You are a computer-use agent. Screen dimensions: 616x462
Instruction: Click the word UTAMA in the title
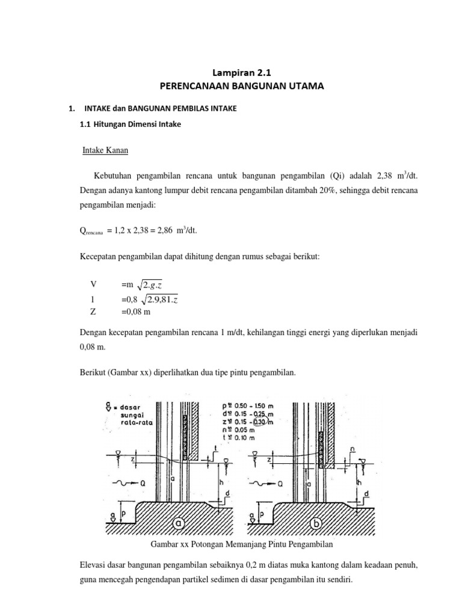pos(304,87)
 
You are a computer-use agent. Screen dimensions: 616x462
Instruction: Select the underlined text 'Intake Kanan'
pos(106,150)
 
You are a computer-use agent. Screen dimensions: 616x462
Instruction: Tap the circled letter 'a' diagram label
pos(178,524)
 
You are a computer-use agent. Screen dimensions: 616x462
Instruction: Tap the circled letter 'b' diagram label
pos(318,524)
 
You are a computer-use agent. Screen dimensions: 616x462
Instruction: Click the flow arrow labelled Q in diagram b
pos(265,482)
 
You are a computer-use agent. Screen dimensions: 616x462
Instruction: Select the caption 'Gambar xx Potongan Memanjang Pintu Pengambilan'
pos(241,545)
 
